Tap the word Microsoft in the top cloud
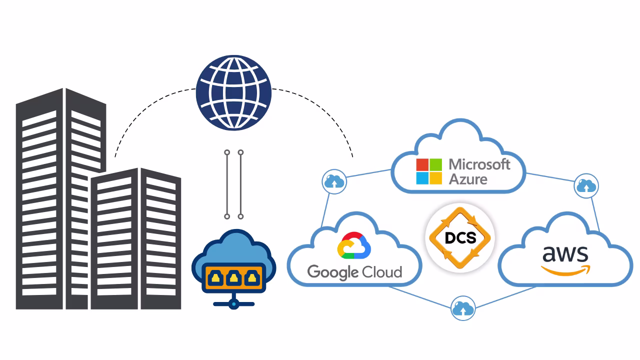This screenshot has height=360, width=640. pos(479,164)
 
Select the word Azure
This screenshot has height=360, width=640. pos(467,179)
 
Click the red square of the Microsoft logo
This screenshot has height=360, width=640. pos(422,164)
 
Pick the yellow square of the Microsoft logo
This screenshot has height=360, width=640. pos(435,178)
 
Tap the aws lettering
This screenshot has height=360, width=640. pos(565,254)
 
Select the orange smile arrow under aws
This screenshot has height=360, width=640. pos(565,270)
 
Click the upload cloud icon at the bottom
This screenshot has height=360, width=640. pos(462,308)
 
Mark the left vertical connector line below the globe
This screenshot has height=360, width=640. pos(227,184)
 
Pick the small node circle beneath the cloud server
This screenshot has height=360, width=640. pos(233,303)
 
